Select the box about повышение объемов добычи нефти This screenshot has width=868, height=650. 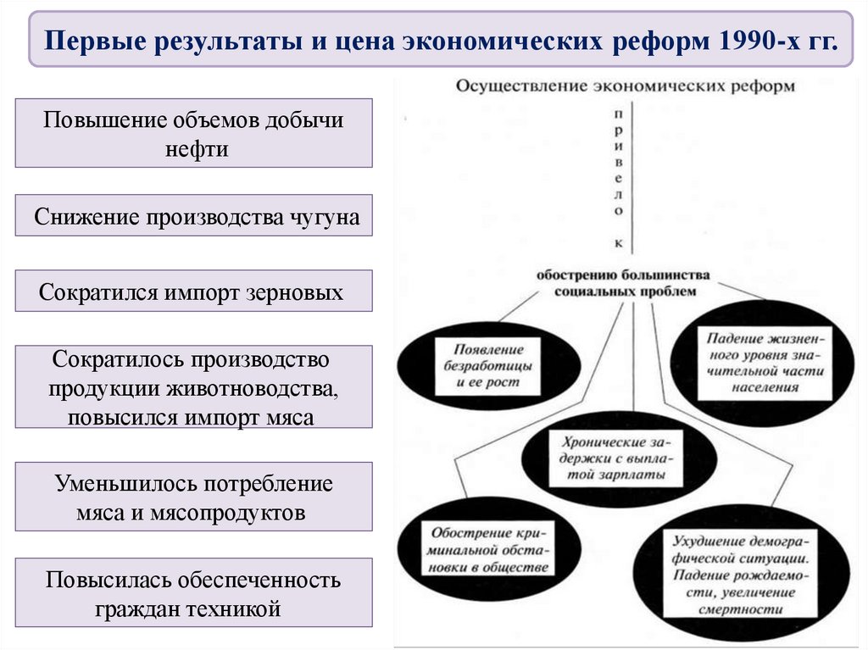pyautogui.click(x=194, y=133)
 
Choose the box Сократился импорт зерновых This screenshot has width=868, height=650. pyautogui.click(x=194, y=292)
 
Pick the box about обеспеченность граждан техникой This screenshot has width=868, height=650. pyautogui.click(x=194, y=593)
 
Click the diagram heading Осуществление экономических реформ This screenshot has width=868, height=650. pyautogui.click(x=626, y=86)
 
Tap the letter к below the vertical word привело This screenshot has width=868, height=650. pyautogui.click(x=619, y=243)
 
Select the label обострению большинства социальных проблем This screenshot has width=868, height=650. pyautogui.click(x=622, y=283)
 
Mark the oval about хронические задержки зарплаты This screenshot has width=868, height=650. pyautogui.click(x=614, y=460)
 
